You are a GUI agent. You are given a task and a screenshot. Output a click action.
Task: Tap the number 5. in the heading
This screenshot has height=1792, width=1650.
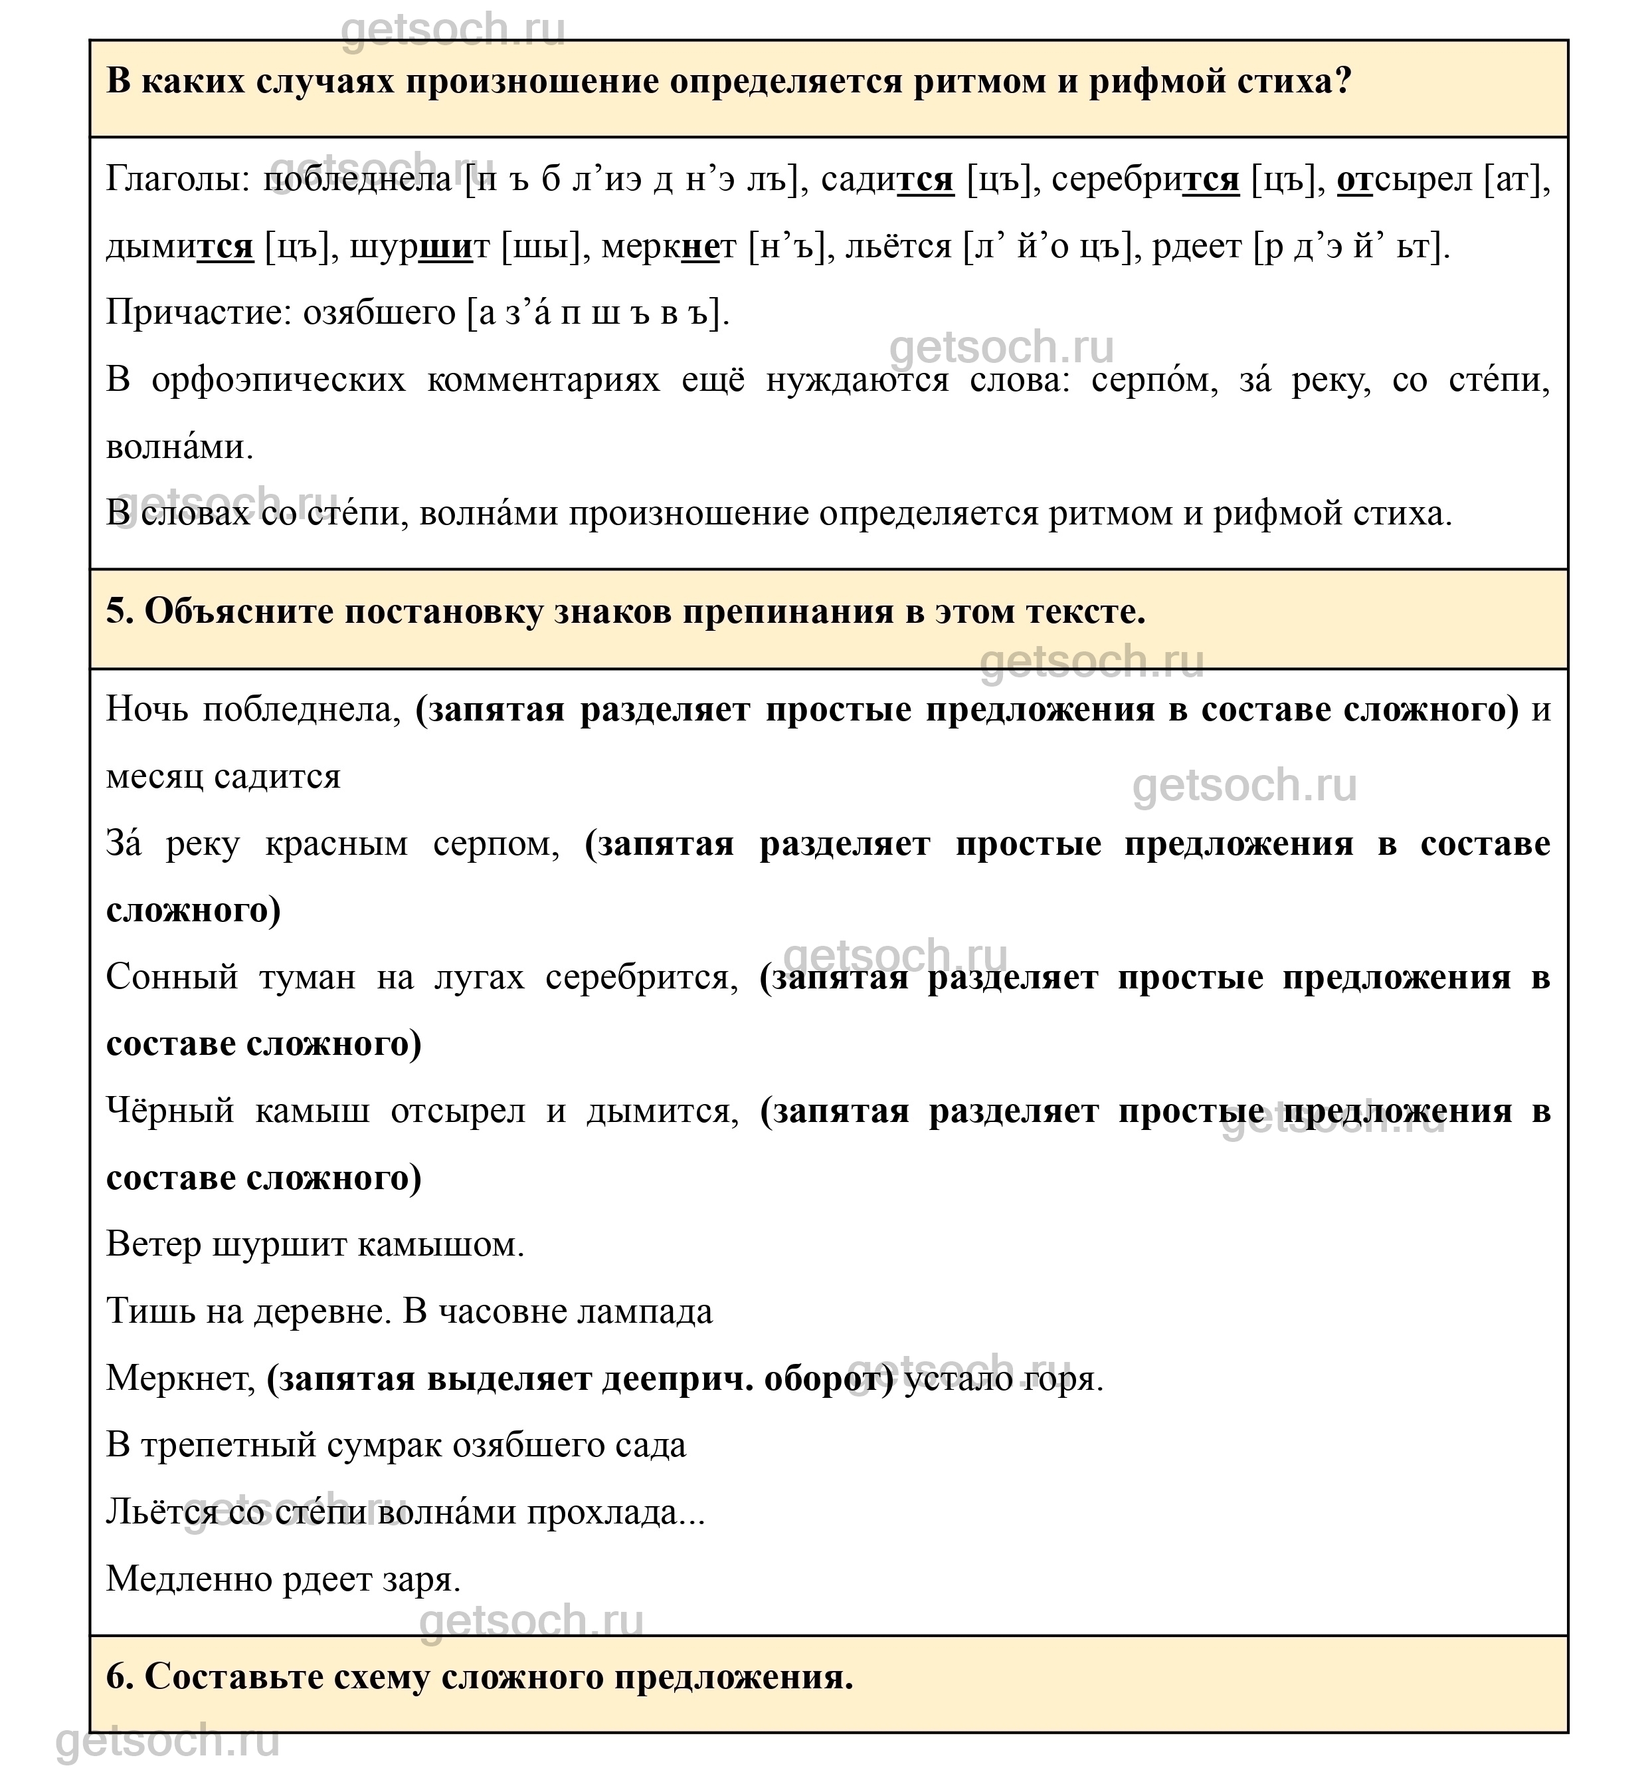click(x=120, y=612)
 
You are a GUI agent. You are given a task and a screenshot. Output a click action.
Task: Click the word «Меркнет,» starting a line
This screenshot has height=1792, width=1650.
click(x=181, y=1379)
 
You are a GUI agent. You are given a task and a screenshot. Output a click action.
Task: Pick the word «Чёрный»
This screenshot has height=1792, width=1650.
click(x=169, y=1111)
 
